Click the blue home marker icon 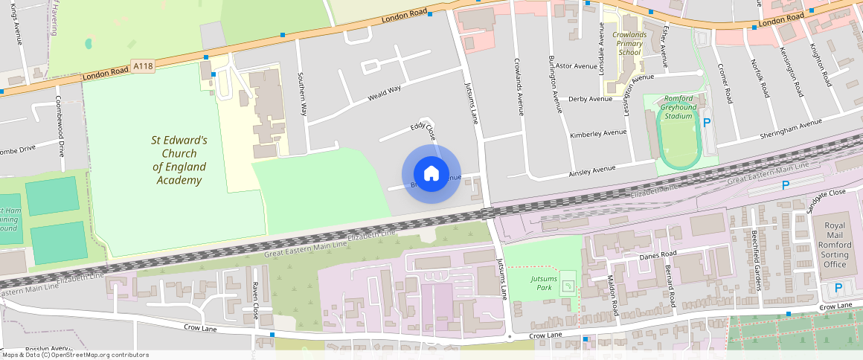[431, 174]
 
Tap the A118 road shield [144, 67]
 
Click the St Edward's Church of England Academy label [179, 160]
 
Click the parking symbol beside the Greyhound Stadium [707, 123]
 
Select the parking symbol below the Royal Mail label [838, 288]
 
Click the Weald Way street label [384, 94]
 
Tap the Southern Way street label [302, 94]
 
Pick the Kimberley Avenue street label [598, 134]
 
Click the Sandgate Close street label [827, 192]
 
